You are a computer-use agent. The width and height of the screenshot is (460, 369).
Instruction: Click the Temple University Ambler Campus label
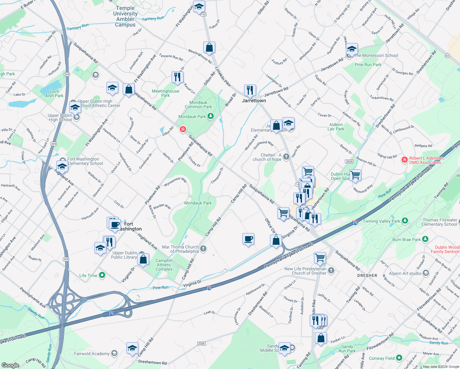[x=125, y=17]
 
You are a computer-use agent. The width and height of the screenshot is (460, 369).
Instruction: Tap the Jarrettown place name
[x=254, y=101]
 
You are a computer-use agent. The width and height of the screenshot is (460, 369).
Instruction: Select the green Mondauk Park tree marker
[x=211, y=116]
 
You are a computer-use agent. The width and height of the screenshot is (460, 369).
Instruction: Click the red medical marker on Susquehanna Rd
[x=183, y=129]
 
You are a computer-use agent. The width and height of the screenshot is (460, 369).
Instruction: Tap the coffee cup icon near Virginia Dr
[x=248, y=239]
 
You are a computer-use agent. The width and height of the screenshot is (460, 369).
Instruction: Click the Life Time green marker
[x=102, y=275]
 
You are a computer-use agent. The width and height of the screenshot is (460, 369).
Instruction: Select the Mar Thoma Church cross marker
[x=203, y=249]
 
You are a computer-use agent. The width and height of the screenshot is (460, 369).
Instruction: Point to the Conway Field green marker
[x=399, y=358]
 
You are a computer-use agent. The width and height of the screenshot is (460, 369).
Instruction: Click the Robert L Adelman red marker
[x=405, y=160]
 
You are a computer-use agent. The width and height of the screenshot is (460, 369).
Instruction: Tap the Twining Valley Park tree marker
[x=405, y=221]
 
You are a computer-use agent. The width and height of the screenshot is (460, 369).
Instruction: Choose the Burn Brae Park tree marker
[x=425, y=239]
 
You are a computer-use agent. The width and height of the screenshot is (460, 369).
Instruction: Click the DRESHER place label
[x=367, y=276]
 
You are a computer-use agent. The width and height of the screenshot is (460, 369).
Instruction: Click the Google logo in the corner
[x=10, y=365]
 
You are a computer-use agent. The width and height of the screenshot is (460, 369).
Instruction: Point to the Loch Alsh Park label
[x=54, y=93]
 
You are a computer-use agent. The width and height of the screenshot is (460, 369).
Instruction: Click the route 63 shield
[x=447, y=56]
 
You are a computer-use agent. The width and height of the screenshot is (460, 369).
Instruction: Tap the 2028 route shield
[x=201, y=343]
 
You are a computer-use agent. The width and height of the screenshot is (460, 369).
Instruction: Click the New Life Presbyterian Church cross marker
[x=331, y=270]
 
